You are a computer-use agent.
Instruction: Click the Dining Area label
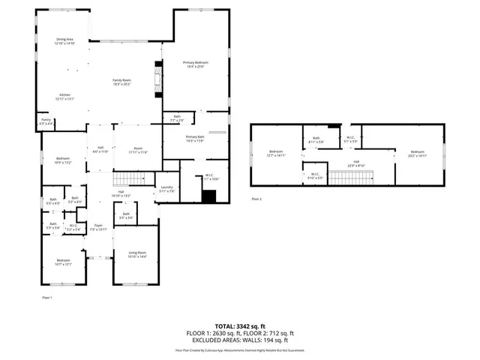click(x=64, y=41)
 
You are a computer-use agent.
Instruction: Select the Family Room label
click(x=121, y=82)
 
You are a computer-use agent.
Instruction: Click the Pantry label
click(x=46, y=121)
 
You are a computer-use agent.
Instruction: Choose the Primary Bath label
click(x=195, y=139)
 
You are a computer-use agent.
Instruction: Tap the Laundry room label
click(x=166, y=189)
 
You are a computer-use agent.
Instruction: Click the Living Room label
click(x=137, y=255)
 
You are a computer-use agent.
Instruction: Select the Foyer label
click(x=97, y=226)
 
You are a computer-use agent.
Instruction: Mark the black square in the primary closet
click(x=209, y=196)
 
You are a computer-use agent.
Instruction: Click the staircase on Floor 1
click(x=127, y=178)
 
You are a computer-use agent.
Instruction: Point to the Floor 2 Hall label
click(x=357, y=163)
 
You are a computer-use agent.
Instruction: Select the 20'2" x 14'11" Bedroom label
click(x=418, y=154)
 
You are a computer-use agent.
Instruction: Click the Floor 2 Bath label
click(x=316, y=139)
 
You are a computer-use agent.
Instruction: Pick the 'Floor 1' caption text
click(x=46, y=298)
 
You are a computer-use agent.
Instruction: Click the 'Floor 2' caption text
click(x=256, y=199)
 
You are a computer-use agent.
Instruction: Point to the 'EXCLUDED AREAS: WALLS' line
click(x=240, y=339)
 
